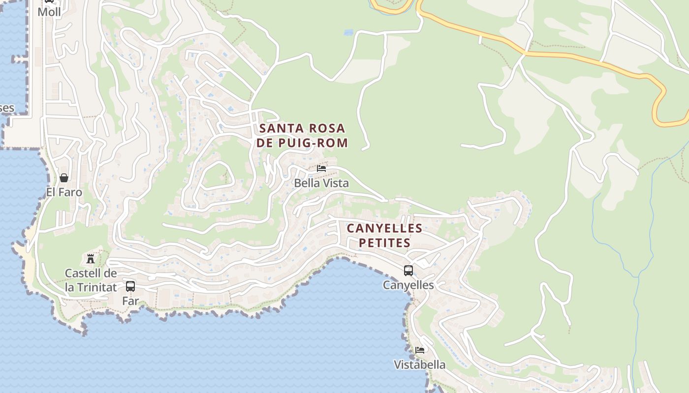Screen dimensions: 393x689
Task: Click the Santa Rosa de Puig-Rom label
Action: pyautogui.click(x=302, y=136)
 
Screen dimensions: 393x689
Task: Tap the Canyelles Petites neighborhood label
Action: pyautogui.click(x=384, y=235)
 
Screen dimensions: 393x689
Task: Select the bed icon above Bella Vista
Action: pyautogui.click(x=321, y=168)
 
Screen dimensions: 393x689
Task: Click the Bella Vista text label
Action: pyautogui.click(x=321, y=183)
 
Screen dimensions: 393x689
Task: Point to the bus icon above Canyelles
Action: pyautogui.click(x=408, y=271)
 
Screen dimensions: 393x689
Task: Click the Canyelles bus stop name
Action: pyautogui.click(x=408, y=285)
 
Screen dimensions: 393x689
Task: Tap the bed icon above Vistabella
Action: pyautogui.click(x=420, y=350)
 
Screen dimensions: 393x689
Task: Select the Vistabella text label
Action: pyautogui.click(x=420, y=365)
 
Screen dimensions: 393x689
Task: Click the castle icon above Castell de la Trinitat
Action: pyautogui.click(x=91, y=258)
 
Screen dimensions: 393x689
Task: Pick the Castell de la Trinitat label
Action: pyautogui.click(x=91, y=280)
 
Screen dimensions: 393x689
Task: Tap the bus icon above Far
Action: pyautogui.click(x=130, y=286)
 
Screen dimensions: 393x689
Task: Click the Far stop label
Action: pyautogui.click(x=130, y=301)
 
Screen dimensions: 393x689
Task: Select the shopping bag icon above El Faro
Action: pyautogui.click(x=64, y=178)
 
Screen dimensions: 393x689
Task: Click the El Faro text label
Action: pyautogui.click(x=64, y=192)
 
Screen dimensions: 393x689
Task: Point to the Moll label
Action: pyautogui.click(x=49, y=12)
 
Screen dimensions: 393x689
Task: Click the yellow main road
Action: pyautogui.click(x=591, y=61)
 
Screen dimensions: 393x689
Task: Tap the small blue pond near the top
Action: pyautogui.click(x=349, y=32)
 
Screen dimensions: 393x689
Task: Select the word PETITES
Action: pyautogui.click(x=384, y=243)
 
